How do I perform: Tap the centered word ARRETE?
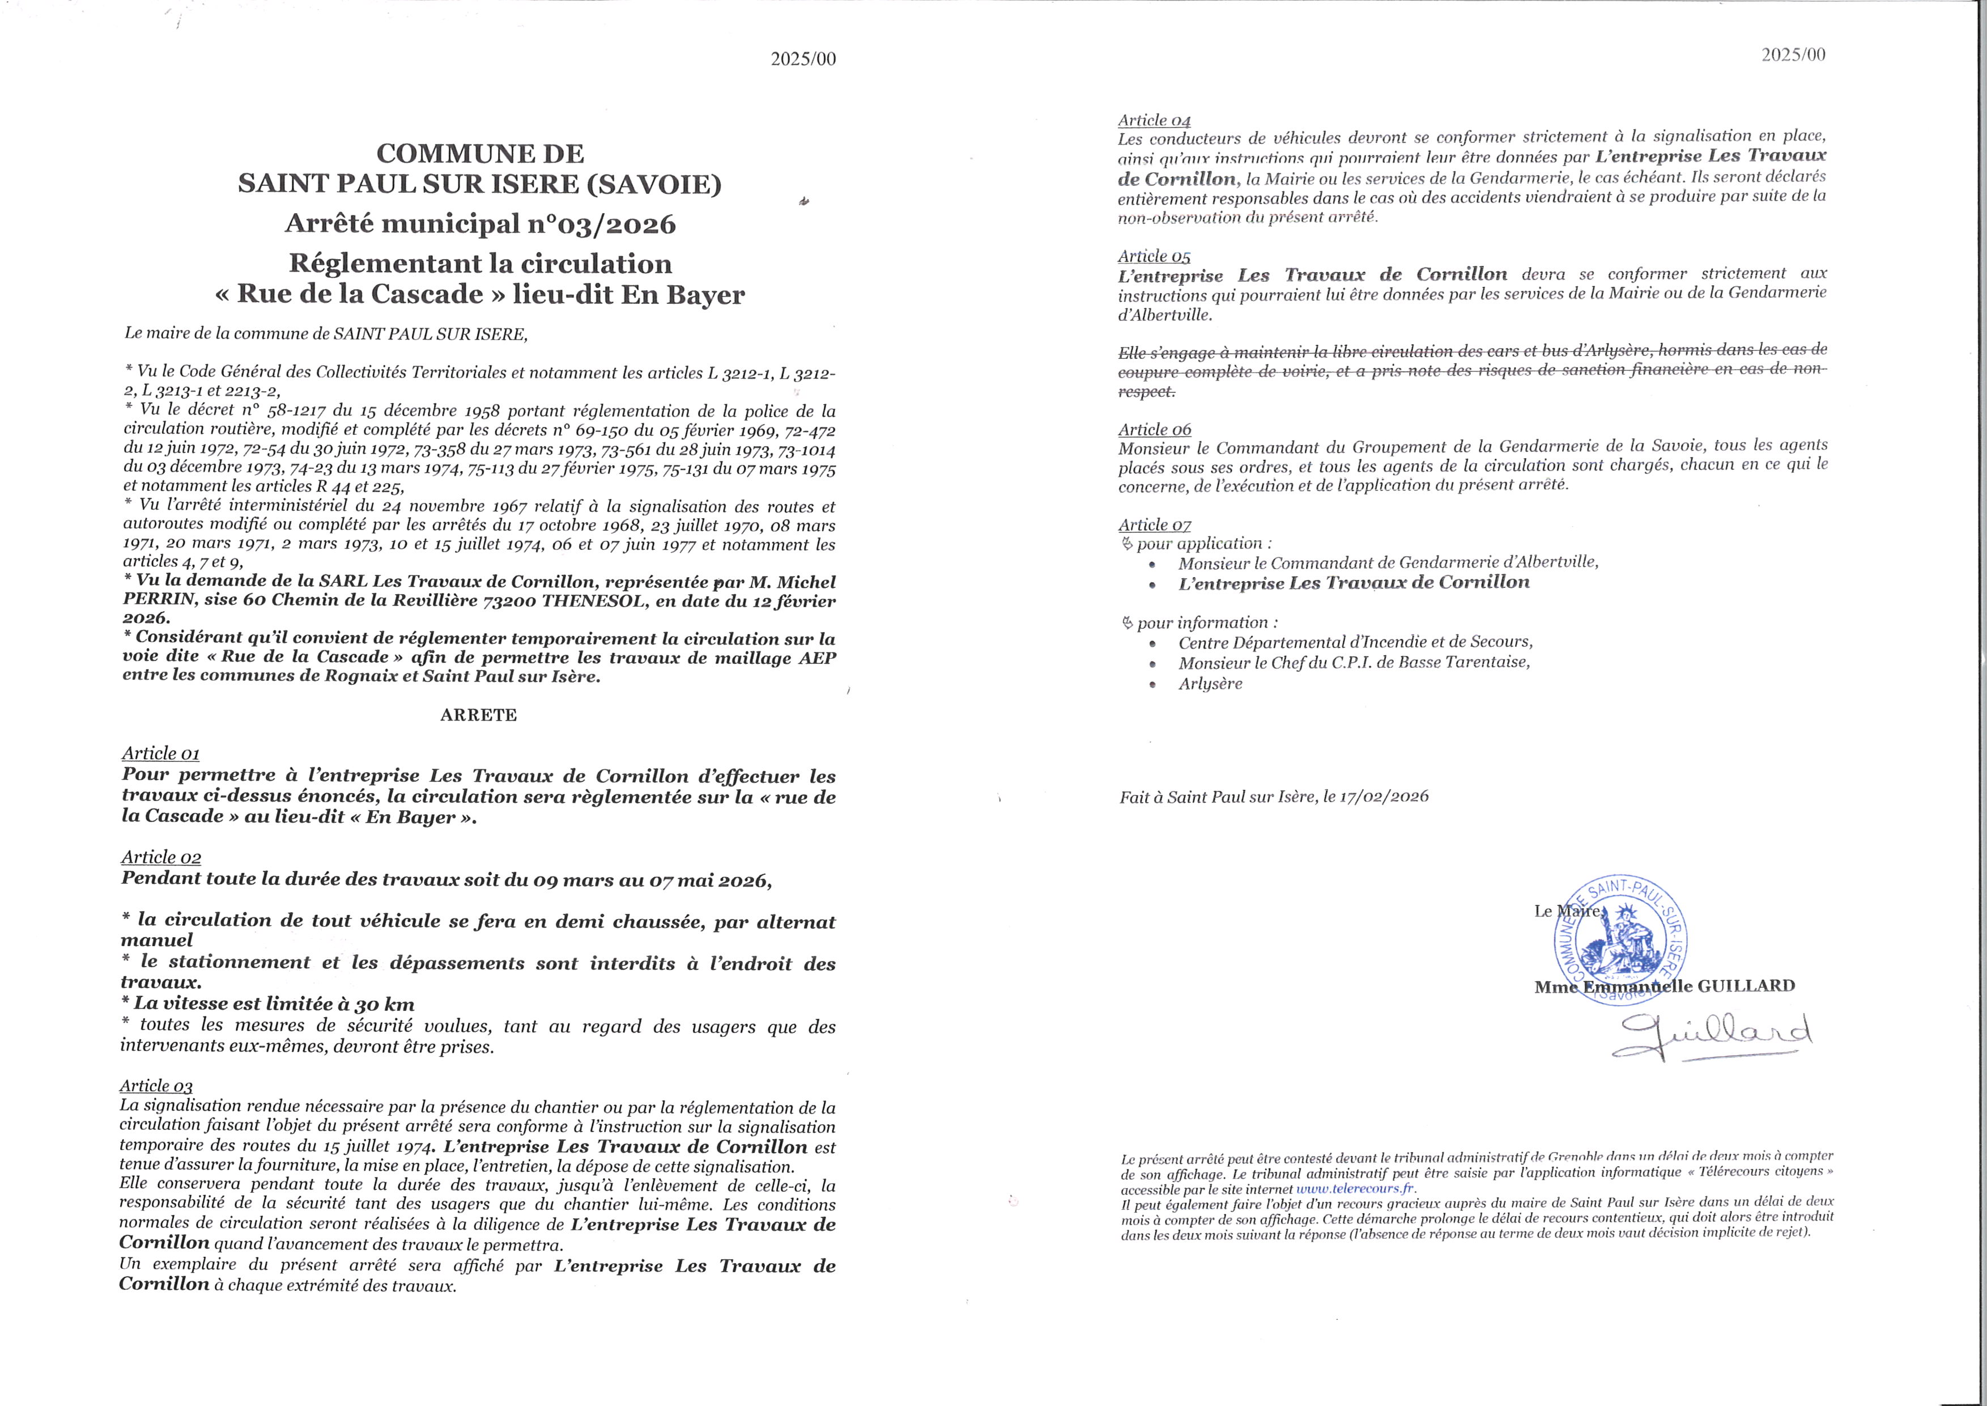coord(479,715)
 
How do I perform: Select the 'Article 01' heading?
coord(160,753)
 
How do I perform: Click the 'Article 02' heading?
coord(161,857)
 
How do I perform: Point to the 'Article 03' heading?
coord(156,1086)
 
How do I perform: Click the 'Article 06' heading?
coord(1155,429)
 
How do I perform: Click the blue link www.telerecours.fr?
coord(1354,1189)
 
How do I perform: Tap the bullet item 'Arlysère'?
coord(1210,684)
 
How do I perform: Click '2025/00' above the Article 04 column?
coord(1793,54)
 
